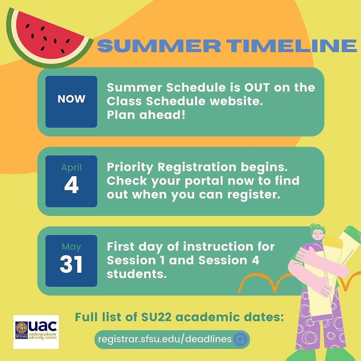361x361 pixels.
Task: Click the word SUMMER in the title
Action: pos(159,45)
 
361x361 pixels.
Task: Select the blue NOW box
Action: pos(72,102)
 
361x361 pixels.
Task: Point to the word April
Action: pos(72,167)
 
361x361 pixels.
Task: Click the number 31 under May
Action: pos(71,264)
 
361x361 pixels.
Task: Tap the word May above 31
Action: pos(72,247)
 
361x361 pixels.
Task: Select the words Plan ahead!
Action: pos(146,115)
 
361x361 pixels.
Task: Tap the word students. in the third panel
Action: pos(137,274)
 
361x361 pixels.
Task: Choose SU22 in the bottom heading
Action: pos(156,317)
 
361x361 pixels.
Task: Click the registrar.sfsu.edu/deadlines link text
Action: pos(164,339)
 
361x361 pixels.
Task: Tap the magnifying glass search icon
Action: pos(240,339)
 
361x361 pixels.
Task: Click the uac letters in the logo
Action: pos(42,326)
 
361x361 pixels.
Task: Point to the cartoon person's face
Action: pos(318,235)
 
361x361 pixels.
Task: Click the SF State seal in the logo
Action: pos(21,327)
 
